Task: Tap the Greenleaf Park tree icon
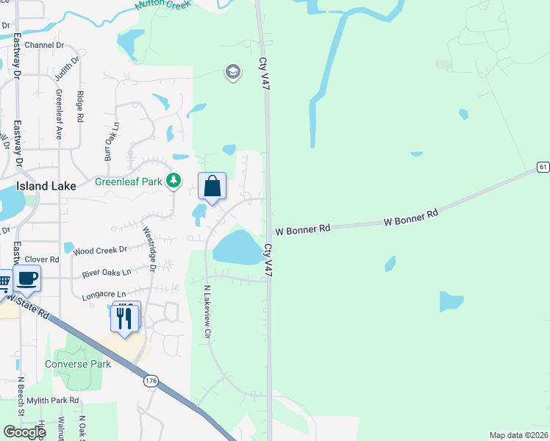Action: (x=174, y=180)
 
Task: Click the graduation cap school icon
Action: (x=233, y=72)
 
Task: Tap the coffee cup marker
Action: (x=27, y=279)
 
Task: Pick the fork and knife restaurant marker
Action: (x=124, y=318)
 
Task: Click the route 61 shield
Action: (x=543, y=167)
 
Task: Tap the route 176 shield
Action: (x=151, y=380)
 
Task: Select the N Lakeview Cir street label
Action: (x=207, y=312)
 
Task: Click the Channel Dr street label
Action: (x=44, y=45)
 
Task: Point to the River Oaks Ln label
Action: (x=107, y=273)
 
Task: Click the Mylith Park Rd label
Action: (x=53, y=401)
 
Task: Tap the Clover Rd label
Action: (x=42, y=259)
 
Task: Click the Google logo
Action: (x=24, y=432)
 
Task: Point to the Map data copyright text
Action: (x=518, y=435)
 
